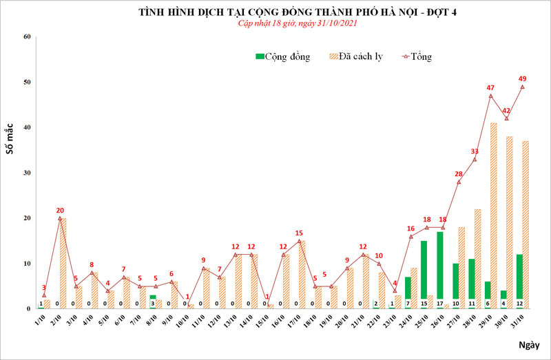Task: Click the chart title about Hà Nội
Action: (x=275, y=12)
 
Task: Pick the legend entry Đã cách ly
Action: (x=356, y=56)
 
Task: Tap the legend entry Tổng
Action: (x=420, y=56)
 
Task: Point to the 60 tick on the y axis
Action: (x=27, y=36)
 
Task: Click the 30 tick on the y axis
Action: (x=27, y=173)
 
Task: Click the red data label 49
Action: (x=523, y=78)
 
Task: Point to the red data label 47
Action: (x=490, y=87)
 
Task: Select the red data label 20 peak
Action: (x=60, y=210)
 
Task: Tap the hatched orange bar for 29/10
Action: (x=494, y=213)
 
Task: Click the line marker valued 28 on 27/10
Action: (x=458, y=182)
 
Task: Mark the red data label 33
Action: (x=475, y=151)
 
